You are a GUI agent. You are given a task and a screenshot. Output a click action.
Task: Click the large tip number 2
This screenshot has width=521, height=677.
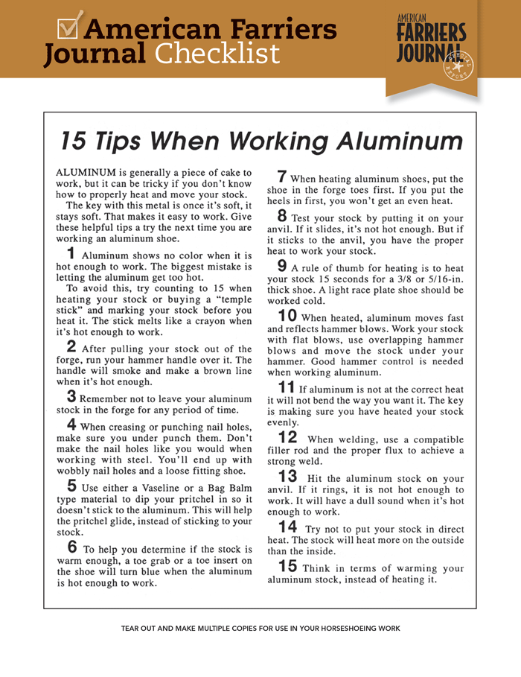(x=71, y=346)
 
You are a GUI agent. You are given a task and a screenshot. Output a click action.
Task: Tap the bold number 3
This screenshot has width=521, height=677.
(x=71, y=395)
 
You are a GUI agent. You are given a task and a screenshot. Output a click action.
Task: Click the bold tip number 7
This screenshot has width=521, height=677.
(x=282, y=177)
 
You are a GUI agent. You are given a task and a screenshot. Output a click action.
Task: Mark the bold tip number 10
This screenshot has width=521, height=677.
(x=287, y=316)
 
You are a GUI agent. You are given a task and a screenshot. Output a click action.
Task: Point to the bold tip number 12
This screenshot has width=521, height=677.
(x=287, y=438)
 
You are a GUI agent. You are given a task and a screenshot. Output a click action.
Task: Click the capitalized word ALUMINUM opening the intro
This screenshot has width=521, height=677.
(x=86, y=173)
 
